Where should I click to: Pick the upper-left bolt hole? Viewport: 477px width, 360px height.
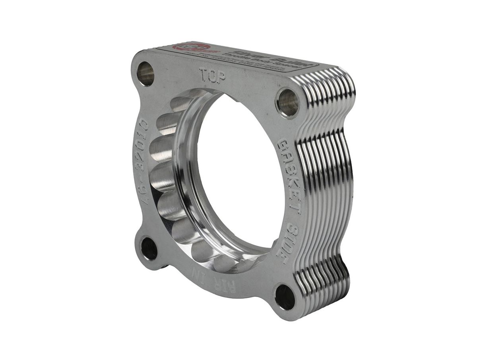click(145, 74)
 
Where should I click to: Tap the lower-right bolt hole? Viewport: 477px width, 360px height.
click(285, 297)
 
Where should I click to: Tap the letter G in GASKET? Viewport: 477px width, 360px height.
click(285, 145)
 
